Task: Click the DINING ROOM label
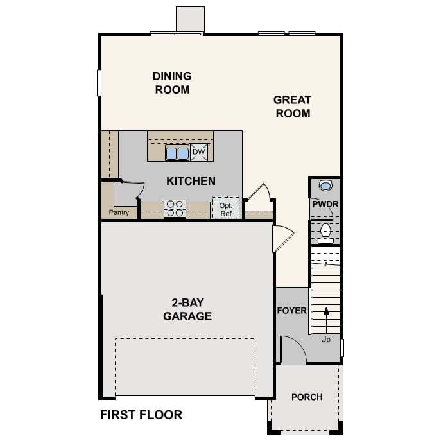click(x=172, y=83)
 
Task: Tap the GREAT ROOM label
click(x=293, y=107)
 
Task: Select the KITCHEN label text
click(x=191, y=181)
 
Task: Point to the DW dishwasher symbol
click(x=199, y=152)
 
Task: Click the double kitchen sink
click(x=177, y=153)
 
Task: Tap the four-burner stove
click(x=175, y=209)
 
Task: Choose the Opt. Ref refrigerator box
click(x=226, y=207)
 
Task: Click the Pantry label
click(x=119, y=212)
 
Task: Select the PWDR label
click(x=325, y=204)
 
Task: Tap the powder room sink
click(x=325, y=186)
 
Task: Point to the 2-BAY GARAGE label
click(x=187, y=309)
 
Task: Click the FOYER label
click(x=291, y=311)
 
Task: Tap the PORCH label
click(x=307, y=397)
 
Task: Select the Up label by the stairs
click(x=325, y=340)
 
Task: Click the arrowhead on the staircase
click(x=326, y=311)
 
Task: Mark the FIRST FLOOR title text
click(x=141, y=415)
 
